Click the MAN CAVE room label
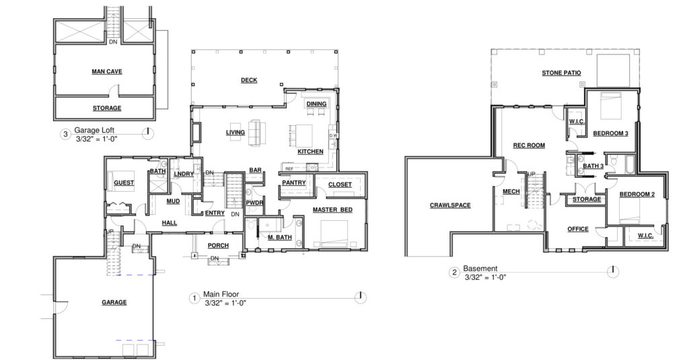click(x=107, y=71)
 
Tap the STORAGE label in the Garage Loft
click(x=107, y=108)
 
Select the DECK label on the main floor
click(x=249, y=80)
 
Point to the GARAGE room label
click(x=114, y=302)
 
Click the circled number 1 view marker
click(x=194, y=299)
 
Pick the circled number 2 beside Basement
click(x=454, y=273)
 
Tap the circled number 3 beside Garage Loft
click(x=65, y=134)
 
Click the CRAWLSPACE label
click(x=450, y=205)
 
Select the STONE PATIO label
click(x=561, y=73)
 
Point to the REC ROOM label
click(x=529, y=145)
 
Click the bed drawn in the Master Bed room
click(x=334, y=233)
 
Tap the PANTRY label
click(x=294, y=182)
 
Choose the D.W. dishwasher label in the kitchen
click(x=334, y=135)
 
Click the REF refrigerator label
click(x=289, y=168)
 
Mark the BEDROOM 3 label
click(x=610, y=133)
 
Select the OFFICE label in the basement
click(x=578, y=229)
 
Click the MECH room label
click(x=511, y=192)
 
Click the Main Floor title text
click(x=221, y=295)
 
